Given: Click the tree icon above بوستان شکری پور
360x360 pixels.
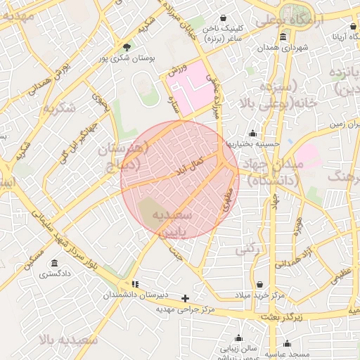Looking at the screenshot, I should tap(127, 46).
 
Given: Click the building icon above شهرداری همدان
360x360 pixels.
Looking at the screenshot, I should tap(283, 37).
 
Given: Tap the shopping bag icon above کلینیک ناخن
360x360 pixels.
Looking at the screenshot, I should tap(224, 18).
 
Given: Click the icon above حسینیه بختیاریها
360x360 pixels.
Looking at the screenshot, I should tap(253, 133).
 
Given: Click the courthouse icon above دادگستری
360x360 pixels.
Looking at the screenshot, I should tap(54, 263).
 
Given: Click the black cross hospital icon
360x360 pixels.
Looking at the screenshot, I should tap(186, 298).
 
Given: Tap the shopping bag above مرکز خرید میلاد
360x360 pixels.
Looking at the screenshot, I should tap(260, 285).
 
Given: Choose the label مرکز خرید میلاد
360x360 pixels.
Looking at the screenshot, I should tap(260, 296).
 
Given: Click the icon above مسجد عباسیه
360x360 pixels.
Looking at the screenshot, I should tap(287, 344).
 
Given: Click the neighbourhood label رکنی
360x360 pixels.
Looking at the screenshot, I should tap(246, 248).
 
